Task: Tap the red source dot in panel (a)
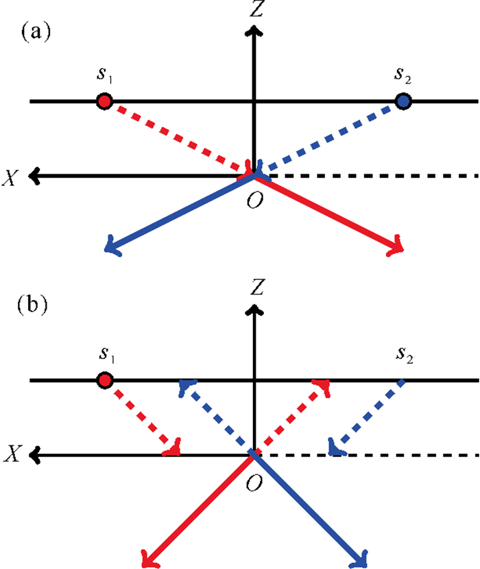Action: [104, 102]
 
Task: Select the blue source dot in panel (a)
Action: [405, 102]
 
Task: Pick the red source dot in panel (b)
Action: [104, 380]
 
